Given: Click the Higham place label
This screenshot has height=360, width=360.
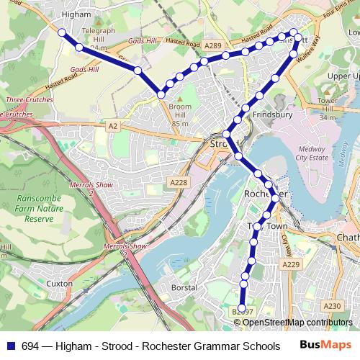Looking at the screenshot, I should point(77,14).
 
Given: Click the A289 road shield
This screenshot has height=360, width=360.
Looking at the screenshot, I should point(212,45).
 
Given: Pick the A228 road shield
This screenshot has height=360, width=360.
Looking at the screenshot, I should point(179,183).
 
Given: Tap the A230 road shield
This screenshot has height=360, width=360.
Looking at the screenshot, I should point(332,306).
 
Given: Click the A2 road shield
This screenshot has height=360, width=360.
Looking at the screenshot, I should point(112,126).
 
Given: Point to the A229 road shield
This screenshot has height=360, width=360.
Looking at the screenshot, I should point(291,265).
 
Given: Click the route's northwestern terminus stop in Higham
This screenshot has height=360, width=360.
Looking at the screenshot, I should point(62,33).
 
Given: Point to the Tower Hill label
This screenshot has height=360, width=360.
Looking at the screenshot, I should point(327,104).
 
